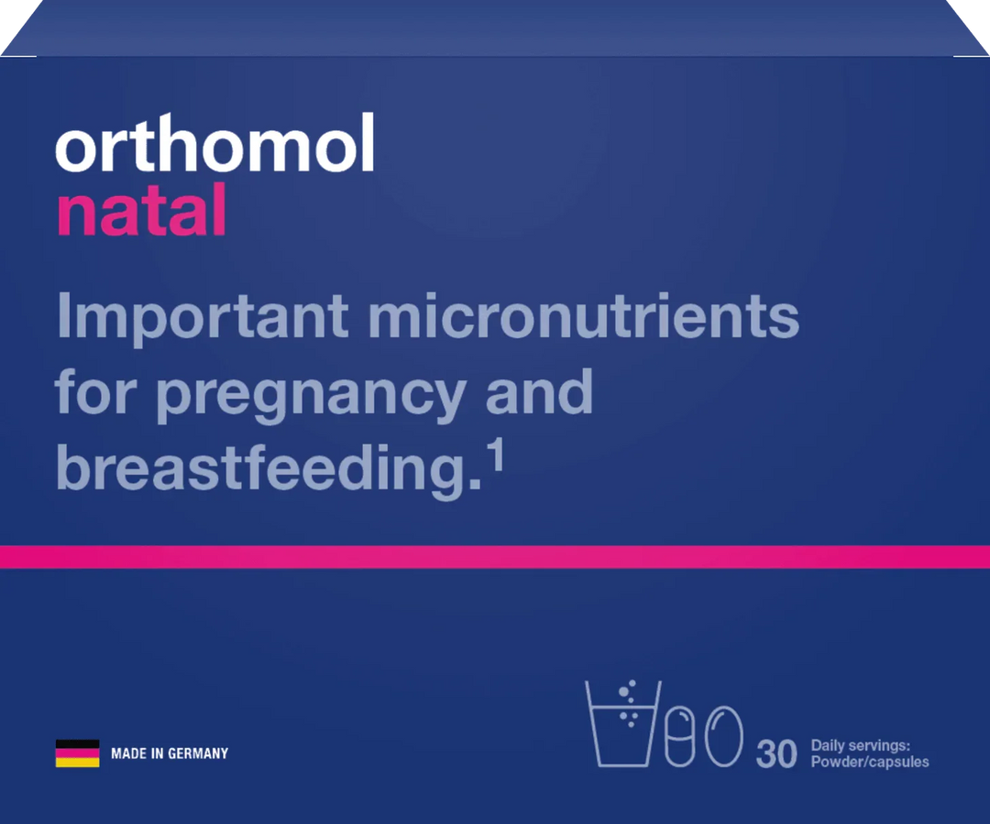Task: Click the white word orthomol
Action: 214,144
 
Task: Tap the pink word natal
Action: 141,210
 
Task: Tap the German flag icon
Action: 77,753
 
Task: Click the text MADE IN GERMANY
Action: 169,753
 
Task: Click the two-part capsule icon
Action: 680,735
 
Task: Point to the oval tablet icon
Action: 723,735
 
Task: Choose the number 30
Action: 776,754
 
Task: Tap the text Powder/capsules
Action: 869,762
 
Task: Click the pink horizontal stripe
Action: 495,556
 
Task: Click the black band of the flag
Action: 77,744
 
